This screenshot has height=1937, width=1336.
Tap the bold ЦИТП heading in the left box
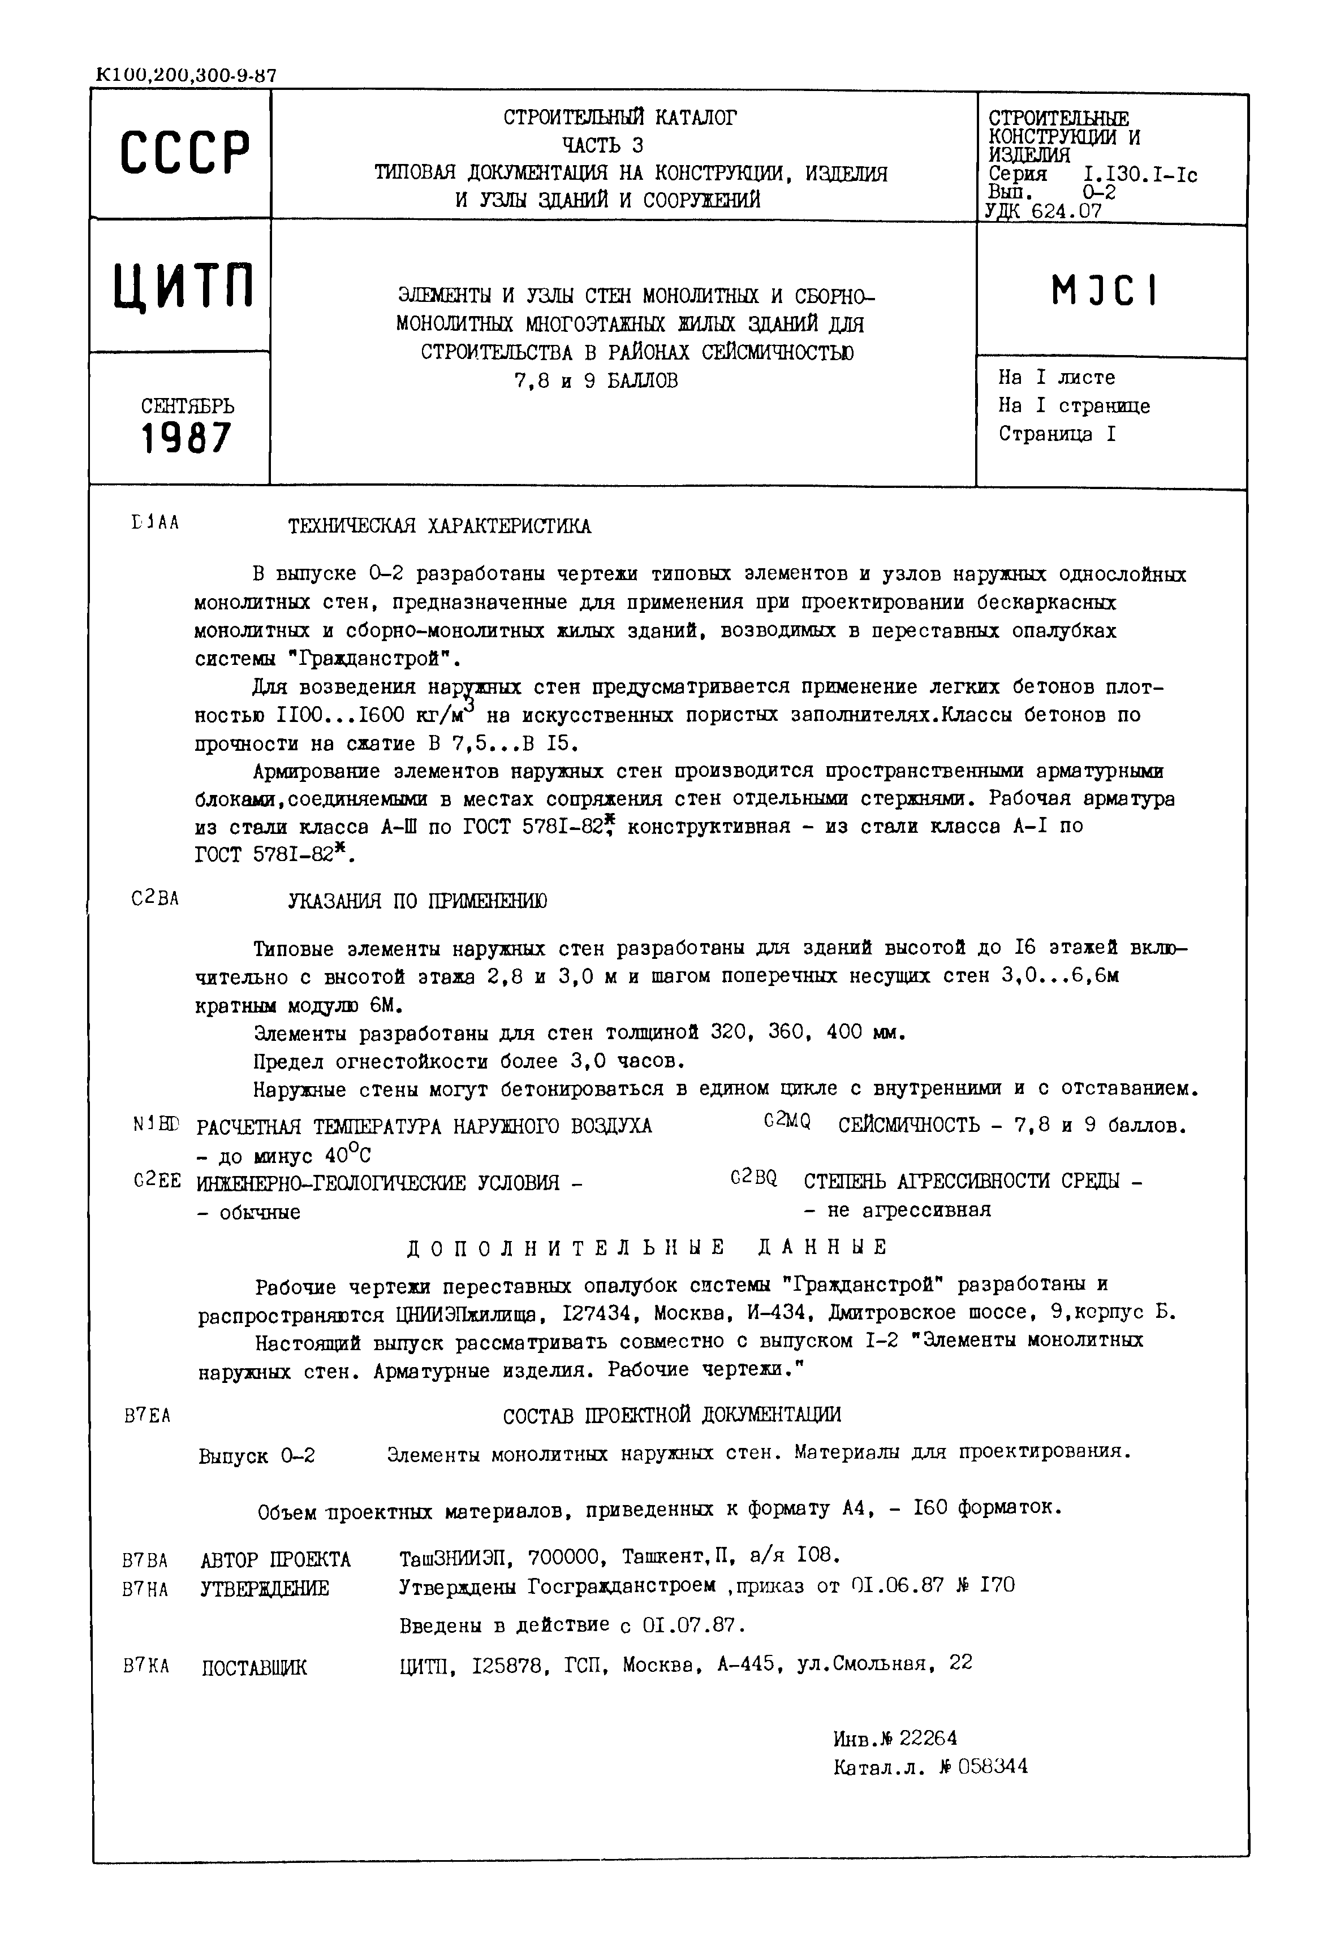[x=184, y=286]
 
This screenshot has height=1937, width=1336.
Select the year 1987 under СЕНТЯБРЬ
[x=186, y=438]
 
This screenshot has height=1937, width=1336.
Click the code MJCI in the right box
[x=1104, y=291]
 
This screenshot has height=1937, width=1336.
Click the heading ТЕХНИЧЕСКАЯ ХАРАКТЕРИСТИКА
[x=439, y=526]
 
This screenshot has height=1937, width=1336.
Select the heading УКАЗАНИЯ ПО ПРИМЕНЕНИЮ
[x=417, y=901]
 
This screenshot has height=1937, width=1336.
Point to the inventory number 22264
[x=928, y=1739]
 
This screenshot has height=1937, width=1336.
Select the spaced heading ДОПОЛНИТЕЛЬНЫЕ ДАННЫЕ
[x=647, y=1248]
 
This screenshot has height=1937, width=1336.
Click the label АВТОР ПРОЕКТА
[x=276, y=1560]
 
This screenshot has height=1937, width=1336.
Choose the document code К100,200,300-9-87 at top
[x=186, y=75]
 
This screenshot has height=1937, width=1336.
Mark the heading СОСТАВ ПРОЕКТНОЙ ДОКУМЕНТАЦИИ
[x=671, y=1415]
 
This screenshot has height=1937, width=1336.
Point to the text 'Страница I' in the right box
[x=1057, y=434]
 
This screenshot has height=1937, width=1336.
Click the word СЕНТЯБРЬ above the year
[x=188, y=407]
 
